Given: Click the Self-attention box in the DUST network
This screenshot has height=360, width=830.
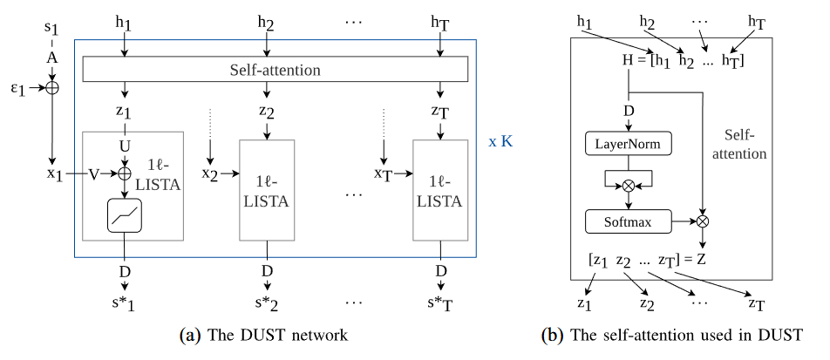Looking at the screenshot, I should pos(276,68).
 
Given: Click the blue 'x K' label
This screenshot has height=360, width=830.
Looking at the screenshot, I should pos(501,140).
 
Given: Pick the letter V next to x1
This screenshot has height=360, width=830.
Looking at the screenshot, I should pos(93,174).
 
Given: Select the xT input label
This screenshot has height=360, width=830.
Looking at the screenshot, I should pos(383,174).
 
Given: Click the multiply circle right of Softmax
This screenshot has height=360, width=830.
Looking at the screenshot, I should pos(703,222).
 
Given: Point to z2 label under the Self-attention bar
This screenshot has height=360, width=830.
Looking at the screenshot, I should pos(268,112).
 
